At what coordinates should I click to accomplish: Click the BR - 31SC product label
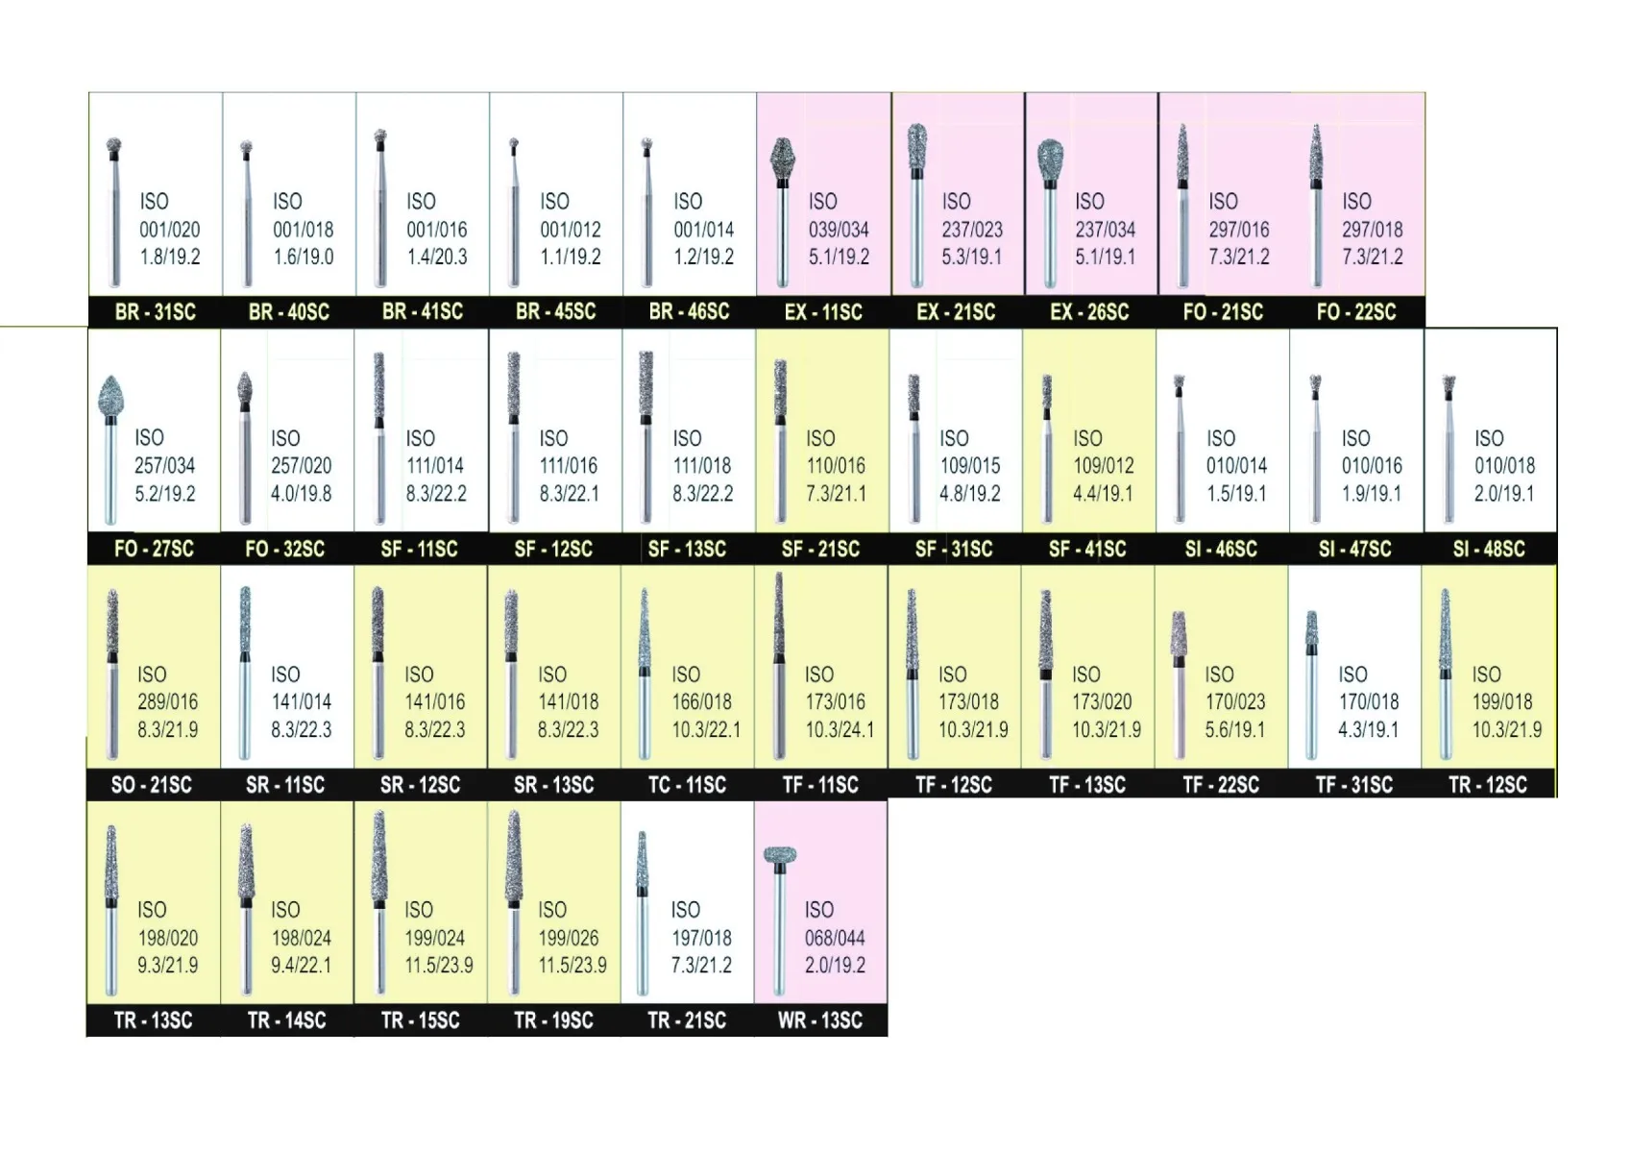pos(155,312)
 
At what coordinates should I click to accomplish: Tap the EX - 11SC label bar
pos(822,312)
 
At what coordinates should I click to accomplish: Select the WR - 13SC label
pos(819,1020)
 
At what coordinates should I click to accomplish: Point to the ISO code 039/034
pos(839,230)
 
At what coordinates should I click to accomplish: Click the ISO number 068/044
pos(834,938)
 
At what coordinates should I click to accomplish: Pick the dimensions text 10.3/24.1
pos(840,729)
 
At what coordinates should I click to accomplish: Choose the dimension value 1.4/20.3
pos(437,257)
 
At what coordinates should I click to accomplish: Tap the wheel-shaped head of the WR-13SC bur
pos(780,854)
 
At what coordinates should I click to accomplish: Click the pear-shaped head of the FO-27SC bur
pos(111,395)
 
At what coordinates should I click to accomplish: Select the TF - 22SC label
pos(1220,785)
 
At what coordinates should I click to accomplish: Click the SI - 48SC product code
pos(1488,549)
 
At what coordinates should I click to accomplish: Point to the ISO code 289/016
pos(167,701)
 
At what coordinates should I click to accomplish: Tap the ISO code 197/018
pos(701,938)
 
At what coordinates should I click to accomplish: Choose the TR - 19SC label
pos(552,1020)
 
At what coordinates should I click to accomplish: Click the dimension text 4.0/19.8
pos(301,493)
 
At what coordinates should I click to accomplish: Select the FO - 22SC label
pos(1355,312)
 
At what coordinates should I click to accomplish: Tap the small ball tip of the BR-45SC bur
pos(514,143)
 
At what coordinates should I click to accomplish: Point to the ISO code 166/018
pos(701,701)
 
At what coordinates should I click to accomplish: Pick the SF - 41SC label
pos(1086,549)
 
